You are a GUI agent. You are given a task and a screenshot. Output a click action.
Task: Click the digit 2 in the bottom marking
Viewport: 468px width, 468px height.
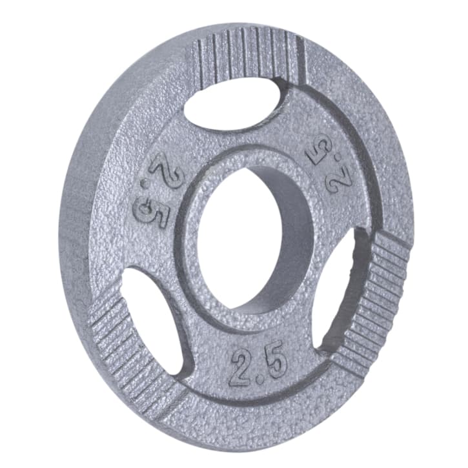241,366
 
